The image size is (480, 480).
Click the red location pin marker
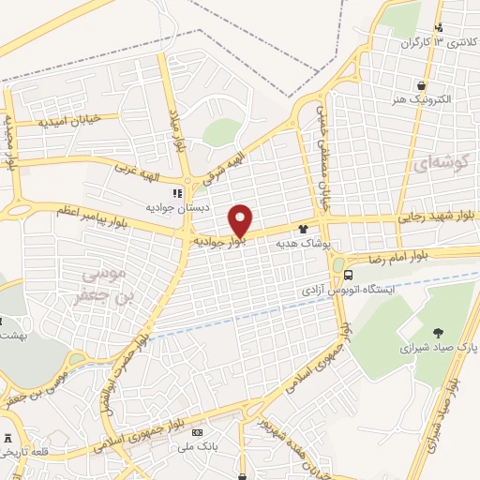(x=241, y=220)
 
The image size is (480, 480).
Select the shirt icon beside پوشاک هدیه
(x=303, y=228)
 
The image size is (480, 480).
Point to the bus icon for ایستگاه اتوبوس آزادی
(x=348, y=276)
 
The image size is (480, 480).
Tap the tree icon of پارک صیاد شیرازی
(x=438, y=331)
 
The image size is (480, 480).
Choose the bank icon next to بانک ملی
(x=197, y=432)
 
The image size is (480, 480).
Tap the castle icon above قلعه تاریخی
(x=9, y=438)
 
